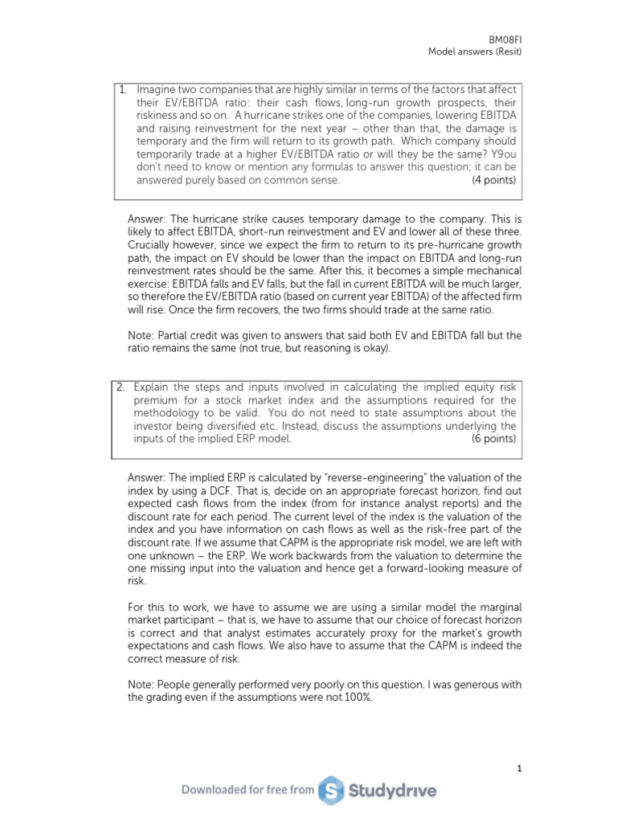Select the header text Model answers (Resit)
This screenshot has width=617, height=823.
[474, 52]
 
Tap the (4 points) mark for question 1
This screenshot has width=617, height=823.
[493, 180]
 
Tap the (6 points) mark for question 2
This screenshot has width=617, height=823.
[493, 439]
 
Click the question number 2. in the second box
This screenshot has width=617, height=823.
[123, 387]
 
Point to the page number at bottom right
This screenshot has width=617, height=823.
[519, 768]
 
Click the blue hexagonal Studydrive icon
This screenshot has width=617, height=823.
[331, 791]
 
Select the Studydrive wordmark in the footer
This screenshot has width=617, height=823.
[393, 791]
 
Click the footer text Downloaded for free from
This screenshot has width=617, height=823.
[247, 790]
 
